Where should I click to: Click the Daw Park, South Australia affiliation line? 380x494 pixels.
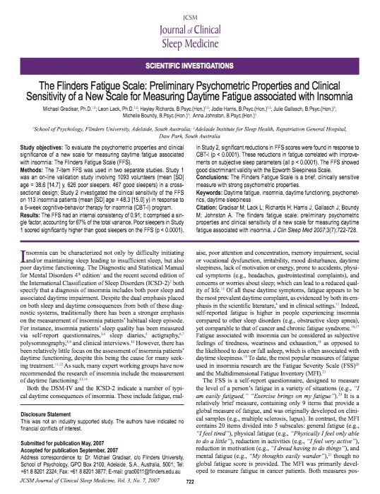tap(189, 137)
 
